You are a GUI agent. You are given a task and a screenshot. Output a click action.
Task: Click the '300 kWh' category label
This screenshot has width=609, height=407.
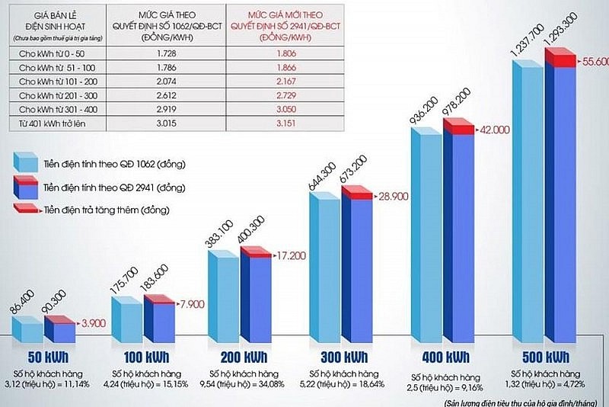pyautogui.click(x=341, y=357)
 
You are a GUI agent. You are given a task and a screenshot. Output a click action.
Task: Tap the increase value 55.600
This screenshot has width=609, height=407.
pyautogui.click(x=594, y=62)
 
